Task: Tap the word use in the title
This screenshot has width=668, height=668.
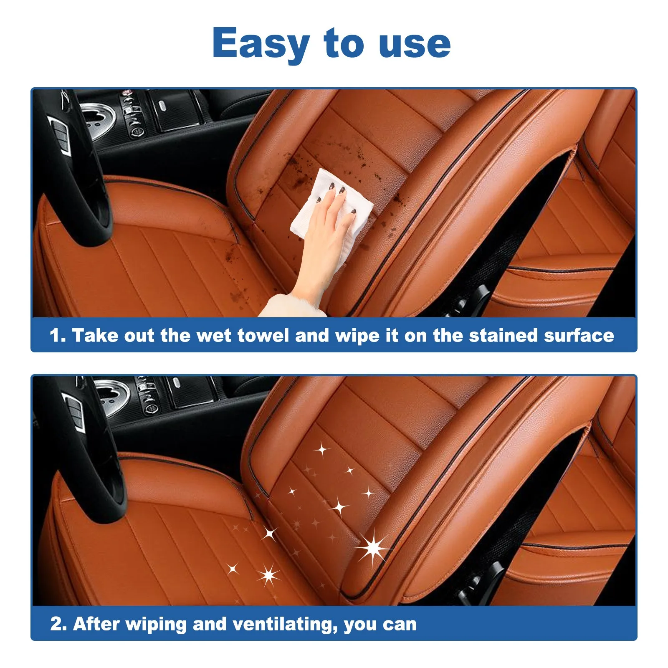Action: point(415,44)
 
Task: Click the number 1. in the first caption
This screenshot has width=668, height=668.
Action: point(58,336)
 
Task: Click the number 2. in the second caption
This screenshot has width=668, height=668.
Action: point(58,624)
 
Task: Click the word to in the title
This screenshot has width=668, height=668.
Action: point(344,44)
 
